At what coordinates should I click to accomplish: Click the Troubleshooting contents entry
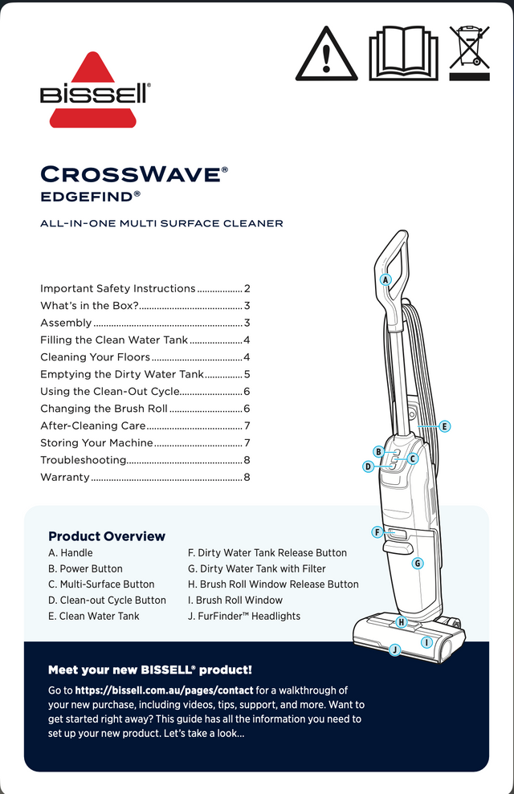[x=84, y=460]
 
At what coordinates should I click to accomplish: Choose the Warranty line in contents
[x=65, y=477]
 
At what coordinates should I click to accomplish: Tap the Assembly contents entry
[x=66, y=323]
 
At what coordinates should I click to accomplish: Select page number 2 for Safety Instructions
[x=247, y=288]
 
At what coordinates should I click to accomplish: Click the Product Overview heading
[x=107, y=536]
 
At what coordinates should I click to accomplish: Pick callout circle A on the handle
[x=385, y=280]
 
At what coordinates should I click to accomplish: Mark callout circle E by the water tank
[x=444, y=427]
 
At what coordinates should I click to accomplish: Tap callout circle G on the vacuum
[x=418, y=564]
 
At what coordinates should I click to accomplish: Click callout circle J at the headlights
[x=394, y=649]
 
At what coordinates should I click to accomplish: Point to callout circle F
[x=376, y=532]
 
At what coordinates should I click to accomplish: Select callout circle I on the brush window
[x=426, y=642]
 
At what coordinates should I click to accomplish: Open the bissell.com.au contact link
[x=164, y=690]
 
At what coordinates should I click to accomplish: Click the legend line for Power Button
[x=86, y=568]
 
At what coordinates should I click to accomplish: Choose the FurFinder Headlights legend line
[x=243, y=616]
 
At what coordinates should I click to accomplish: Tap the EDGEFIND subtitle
[x=91, y=195]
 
